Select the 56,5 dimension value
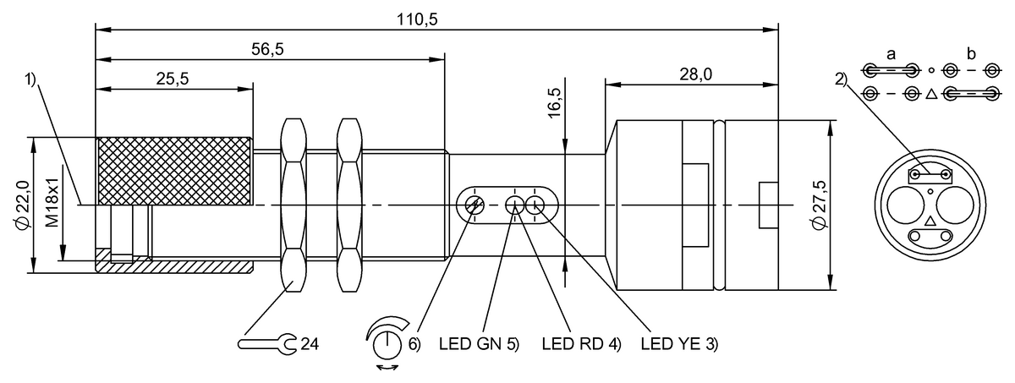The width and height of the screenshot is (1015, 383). [267, 49]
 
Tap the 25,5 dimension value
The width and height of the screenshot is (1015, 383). [173, 78]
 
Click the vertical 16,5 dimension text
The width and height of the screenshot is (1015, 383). [555, 100]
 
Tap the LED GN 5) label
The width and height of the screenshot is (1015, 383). [479, 345]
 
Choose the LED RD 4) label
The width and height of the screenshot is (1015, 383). [581, 345]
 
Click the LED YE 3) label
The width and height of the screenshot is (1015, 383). [680, 345]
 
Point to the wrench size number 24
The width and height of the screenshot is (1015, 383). [310, 344]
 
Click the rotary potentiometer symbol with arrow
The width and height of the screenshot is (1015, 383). [387, 342]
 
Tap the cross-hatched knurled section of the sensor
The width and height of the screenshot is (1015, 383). [175, 172]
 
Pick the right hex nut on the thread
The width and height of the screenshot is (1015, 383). [348, 205]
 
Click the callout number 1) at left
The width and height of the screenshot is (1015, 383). [30, 79]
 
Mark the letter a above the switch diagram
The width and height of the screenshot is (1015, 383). [891, 54]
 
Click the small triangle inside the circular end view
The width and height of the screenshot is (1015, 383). [930, 221]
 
